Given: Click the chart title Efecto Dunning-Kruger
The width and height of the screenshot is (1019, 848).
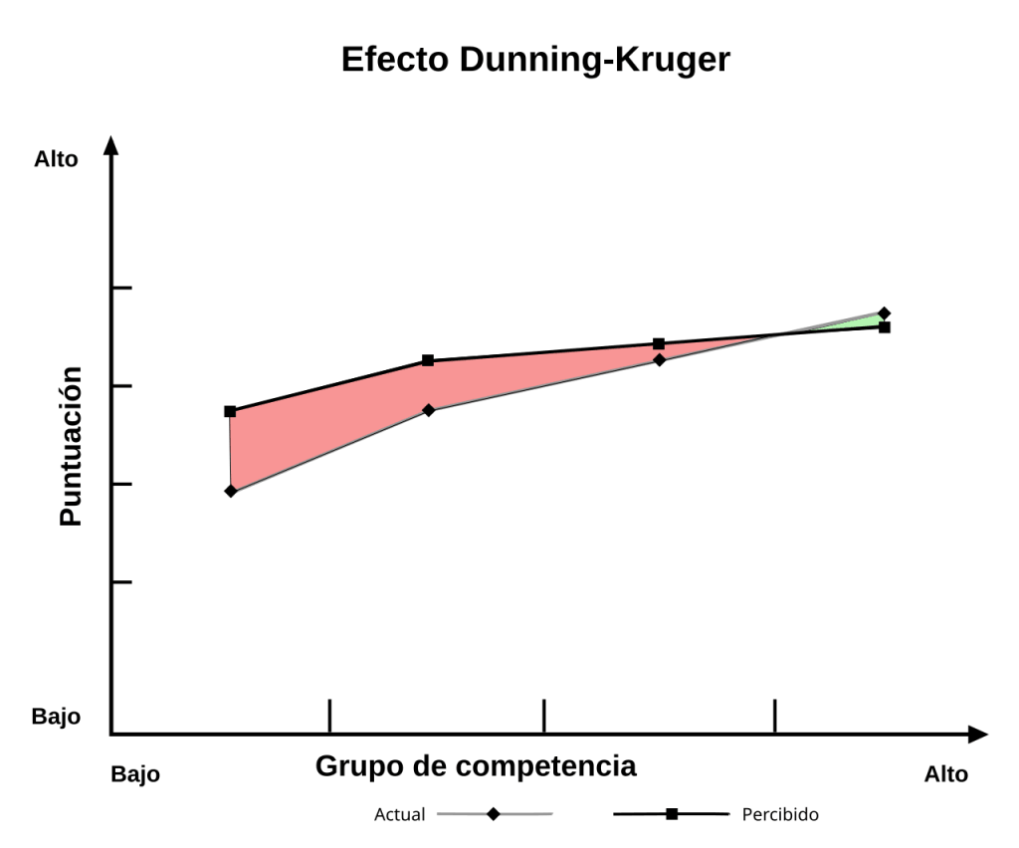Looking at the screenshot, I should click(x=535, y=60).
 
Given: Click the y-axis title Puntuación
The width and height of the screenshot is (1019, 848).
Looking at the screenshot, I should click(x=70, y=446).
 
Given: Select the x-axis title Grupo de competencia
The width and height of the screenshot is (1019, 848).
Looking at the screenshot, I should click(x=476, y=766).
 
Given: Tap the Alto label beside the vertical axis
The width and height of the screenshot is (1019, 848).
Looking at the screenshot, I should click(x=56, y=159).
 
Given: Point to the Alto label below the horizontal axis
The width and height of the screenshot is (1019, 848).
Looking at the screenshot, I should click(x=945, y=774).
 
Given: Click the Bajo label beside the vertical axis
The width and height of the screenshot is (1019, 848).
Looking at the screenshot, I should click(x=56, y=717).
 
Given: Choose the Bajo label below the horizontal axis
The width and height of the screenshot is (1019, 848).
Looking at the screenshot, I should click(x=135, y=774).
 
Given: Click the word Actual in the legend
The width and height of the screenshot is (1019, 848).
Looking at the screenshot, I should click(x=399, y=814).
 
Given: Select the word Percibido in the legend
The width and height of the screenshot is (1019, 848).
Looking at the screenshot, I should click(x=780, y=814).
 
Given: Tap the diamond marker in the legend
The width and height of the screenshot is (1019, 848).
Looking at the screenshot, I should click(x=494, y=814).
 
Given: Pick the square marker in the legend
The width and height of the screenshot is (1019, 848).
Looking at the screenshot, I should click(x=672, y=814).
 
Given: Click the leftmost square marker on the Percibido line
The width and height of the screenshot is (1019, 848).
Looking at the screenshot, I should click(x=230, y=411).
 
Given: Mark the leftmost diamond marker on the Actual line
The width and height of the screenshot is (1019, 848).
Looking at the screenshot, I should click(x=231, y=491).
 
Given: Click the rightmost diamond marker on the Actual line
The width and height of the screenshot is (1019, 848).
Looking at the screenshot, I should click(x=884, y=314).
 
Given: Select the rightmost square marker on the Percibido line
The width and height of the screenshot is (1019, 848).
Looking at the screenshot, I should click(x=884, y=327).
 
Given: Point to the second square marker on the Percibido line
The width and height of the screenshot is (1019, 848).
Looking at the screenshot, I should click(x=428, y=360).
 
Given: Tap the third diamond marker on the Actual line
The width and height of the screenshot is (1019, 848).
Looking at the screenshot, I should click(x=659, y=359).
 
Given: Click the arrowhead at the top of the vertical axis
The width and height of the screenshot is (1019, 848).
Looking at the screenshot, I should click(x=111, y=146).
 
